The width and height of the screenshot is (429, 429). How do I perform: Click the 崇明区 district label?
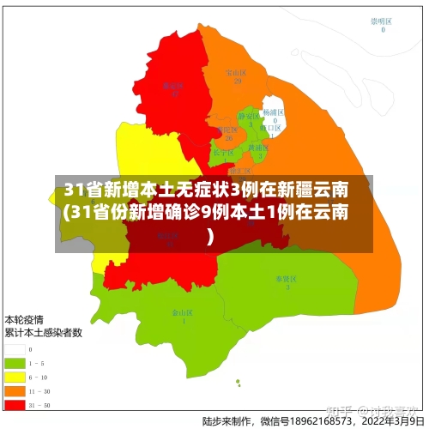[381, 21]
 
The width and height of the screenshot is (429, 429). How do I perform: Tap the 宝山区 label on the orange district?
[235, 73]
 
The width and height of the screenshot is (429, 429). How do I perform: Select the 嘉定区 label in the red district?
[174, 85]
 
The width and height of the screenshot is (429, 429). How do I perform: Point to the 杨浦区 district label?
[274, 112]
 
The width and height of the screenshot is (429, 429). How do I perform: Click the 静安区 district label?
[247, 116]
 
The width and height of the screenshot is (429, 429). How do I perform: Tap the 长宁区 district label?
[222, 153]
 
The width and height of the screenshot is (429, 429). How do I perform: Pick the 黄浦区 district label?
[257, 148]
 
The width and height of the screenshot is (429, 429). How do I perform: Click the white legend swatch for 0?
[14, 350]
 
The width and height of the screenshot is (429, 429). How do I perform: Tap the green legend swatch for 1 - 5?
[14, 363]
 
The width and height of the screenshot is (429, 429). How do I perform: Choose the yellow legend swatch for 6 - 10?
[14, 376]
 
